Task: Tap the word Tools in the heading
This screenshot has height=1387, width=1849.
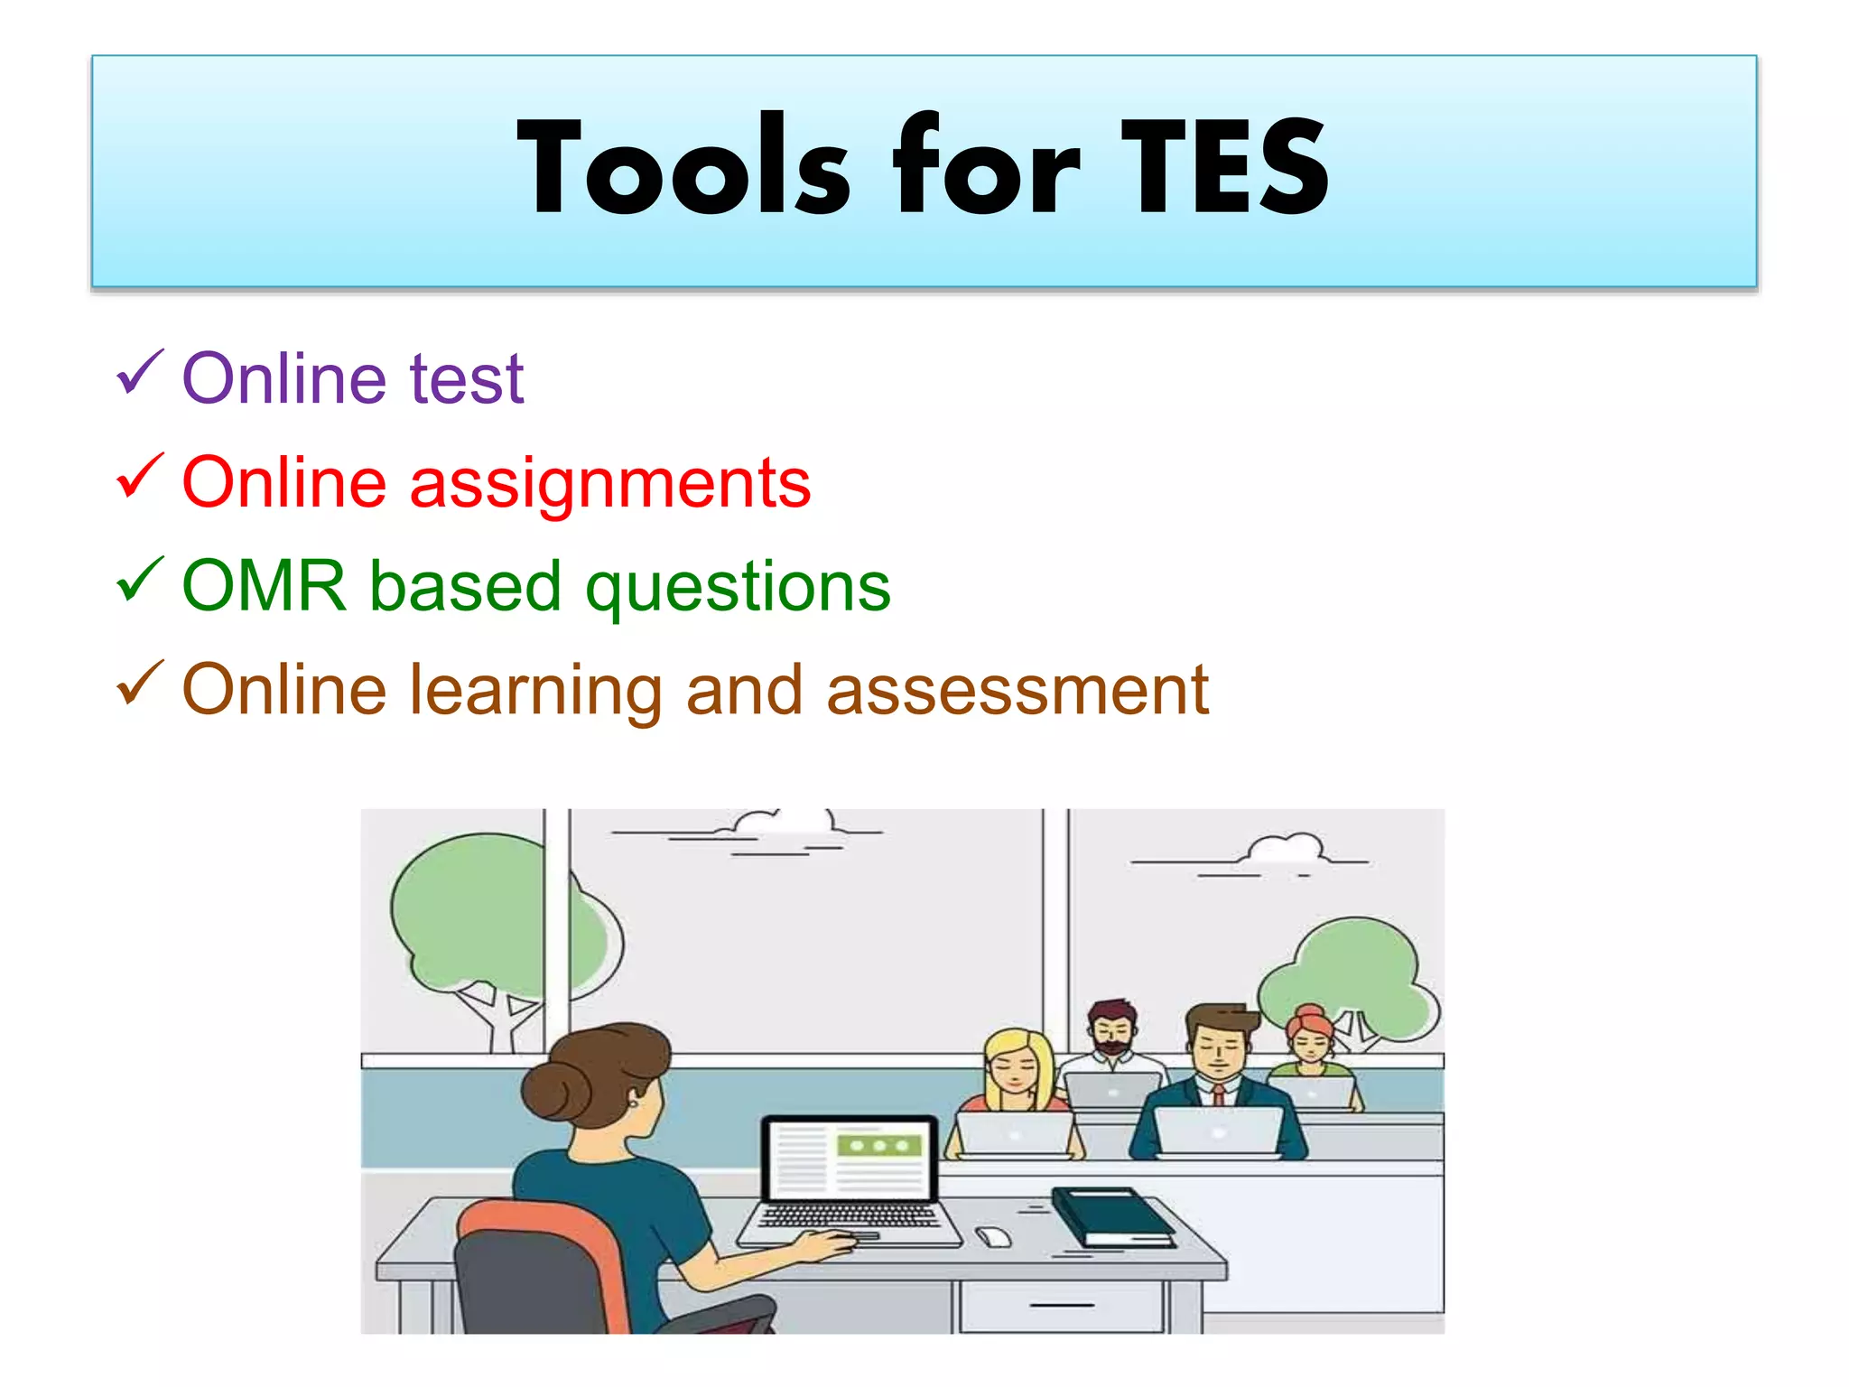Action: coord(683,167)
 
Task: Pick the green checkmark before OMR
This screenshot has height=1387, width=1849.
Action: coord(140,580)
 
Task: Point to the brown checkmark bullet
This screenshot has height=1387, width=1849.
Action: coord(140,684)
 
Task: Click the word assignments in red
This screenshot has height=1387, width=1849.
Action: coord(610,485)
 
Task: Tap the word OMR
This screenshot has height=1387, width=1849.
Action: coord(265,586)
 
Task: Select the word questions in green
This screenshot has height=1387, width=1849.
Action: coord(738,589)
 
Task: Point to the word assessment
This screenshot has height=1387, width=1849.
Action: coord(1017,691)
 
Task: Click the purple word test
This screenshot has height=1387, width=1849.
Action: coord(467,379)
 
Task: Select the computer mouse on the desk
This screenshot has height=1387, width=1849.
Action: coord(994,1236)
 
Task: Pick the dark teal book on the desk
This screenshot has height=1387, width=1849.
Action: coord(1112,1216)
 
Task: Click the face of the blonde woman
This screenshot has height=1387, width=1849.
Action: coord(1017,1070)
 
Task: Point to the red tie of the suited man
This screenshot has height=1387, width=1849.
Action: coord(1218,1095)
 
